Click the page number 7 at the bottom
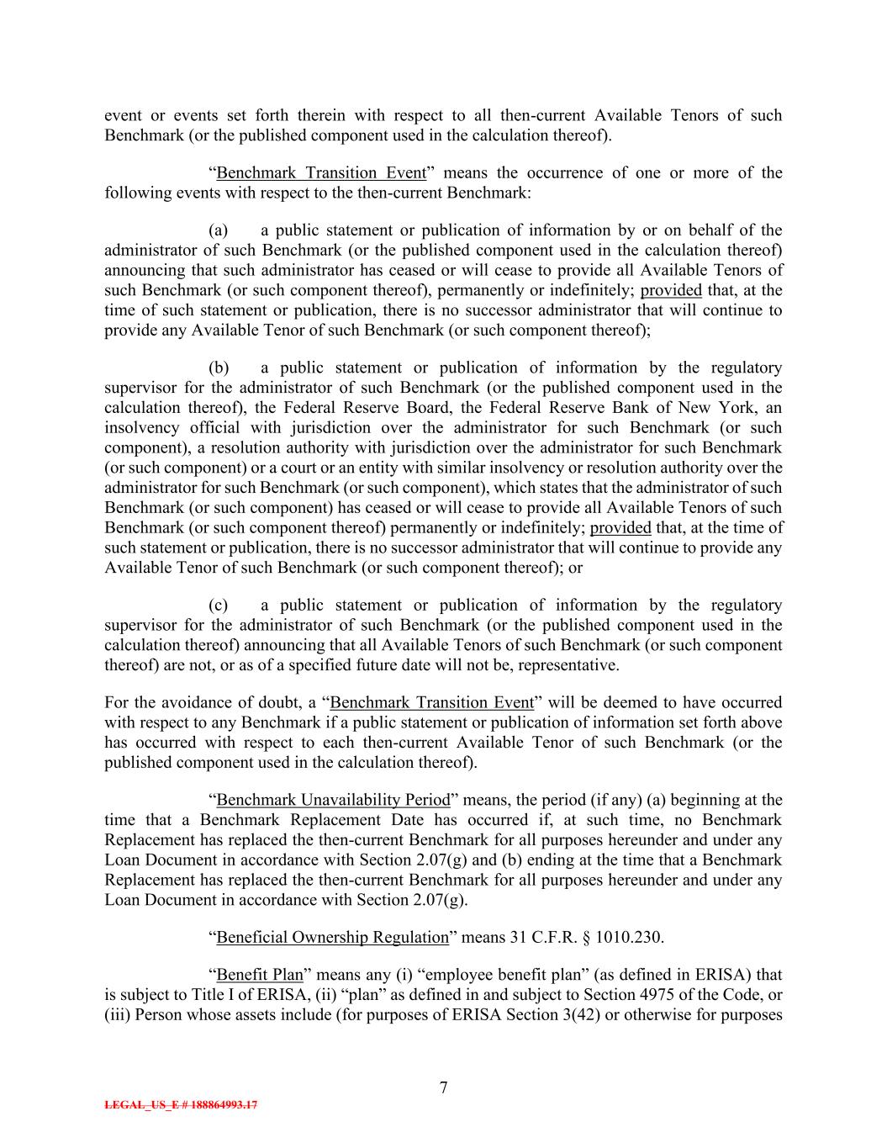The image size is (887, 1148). coord(443,1087)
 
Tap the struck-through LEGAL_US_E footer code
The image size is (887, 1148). coord(181,1105)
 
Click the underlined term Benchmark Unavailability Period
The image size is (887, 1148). coord(333,800)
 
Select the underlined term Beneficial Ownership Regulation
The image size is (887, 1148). coord(332,938)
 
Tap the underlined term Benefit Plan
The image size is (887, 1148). coord(259,976)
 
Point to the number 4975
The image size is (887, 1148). coord(648,995)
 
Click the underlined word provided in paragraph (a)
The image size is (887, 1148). coord(671,290)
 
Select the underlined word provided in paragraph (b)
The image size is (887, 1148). coord(620,528)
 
